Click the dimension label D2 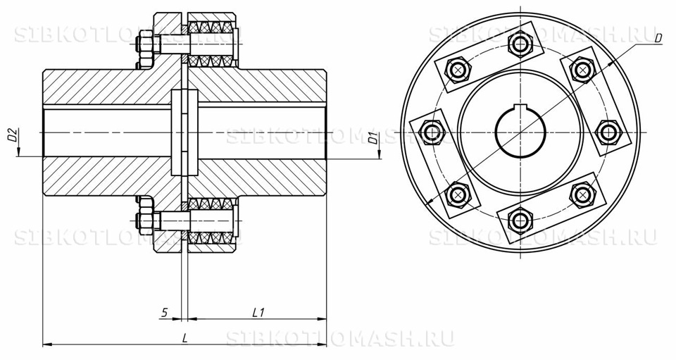point(12,135)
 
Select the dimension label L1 point(258,311)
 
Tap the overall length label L point(184,337)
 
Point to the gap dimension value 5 point(164,311)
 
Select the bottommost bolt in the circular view point(520,219)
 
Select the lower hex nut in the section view point(144,218)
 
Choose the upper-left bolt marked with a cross point(459,70)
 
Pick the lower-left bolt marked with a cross point(459,193)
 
